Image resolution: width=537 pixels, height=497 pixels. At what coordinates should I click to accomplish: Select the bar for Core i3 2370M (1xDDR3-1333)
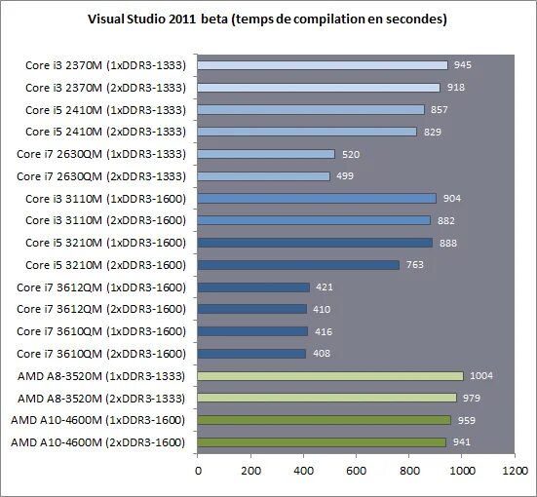point(323,65)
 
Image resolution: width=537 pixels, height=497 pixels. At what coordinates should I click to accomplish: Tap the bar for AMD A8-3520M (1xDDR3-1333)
point(330,375)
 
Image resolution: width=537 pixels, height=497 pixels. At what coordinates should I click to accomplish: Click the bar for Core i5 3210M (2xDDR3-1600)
point(298,264)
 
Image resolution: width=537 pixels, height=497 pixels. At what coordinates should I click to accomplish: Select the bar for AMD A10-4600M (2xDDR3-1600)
point(322,441)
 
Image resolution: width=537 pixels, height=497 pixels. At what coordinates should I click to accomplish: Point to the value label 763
point(414,264)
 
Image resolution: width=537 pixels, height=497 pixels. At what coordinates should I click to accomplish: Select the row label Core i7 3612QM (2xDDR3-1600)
point(101,309)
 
